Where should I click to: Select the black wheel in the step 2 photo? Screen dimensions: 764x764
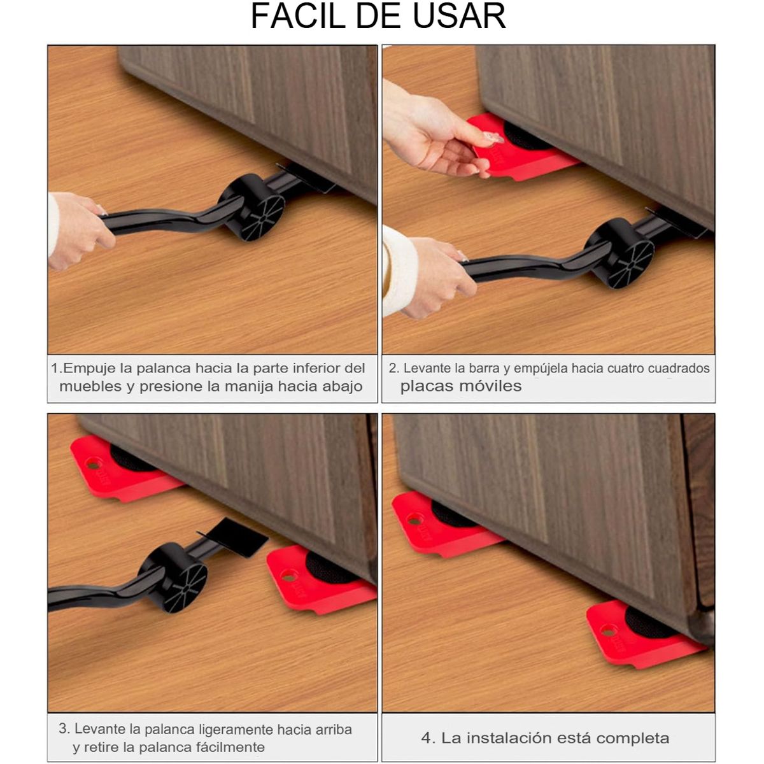[x=621, y=253]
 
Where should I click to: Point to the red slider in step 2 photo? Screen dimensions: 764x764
[x=522, y=153]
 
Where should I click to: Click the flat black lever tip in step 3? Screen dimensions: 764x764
[x=239, y=535]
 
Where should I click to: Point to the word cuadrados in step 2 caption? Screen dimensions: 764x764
[x=679, y=368]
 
